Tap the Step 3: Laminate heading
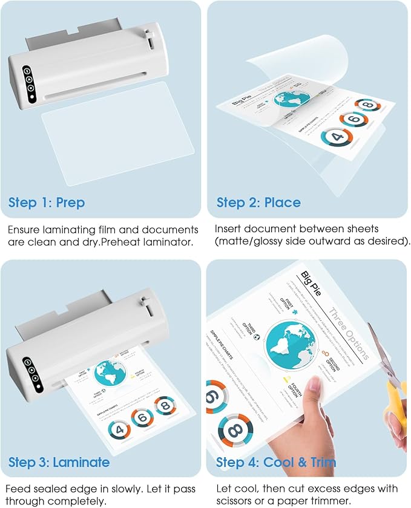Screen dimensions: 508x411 click(59, 463)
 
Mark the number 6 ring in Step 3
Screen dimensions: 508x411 click(142, 418)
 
